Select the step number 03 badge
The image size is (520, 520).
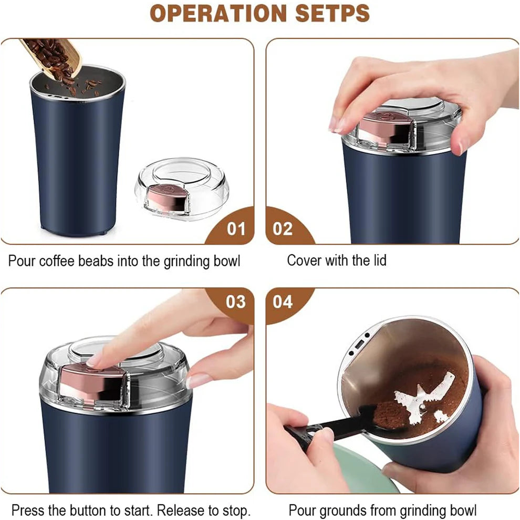(x=235, y=301)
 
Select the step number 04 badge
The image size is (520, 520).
(x=283, y=301)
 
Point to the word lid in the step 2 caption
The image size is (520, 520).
(x=378, y=260)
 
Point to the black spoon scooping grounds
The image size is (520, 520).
(x=336, y=428)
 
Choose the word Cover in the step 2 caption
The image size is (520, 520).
(x=304, y=260)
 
